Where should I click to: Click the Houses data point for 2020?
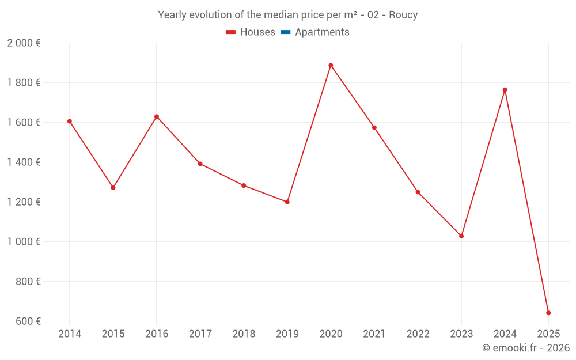[x=331, y=65]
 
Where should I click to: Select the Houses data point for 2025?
[x=548, y=313]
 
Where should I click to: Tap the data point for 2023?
[x=461, y=236]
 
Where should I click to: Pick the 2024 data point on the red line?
[x=505, y=90]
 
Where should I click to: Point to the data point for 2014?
[x=70, y=122]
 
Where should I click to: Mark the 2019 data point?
[x=287, y=202]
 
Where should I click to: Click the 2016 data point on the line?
[x=157, y=117]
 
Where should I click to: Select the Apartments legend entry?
[x=322, y=32]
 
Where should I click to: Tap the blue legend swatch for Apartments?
[x=285, y=32]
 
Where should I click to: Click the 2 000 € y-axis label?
[x=24, y=43]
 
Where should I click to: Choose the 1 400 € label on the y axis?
[x=24, y=162]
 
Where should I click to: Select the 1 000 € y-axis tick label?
[x=24, y=242]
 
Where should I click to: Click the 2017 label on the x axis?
[x=200, y=334]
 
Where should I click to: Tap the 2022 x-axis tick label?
[x=418, y=334]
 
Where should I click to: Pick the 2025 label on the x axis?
[x=548, y=334]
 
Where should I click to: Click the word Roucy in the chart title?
[x=403, y=15]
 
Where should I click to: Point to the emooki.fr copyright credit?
[x=526, y=348]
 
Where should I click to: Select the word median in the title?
[x=264, y=15]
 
